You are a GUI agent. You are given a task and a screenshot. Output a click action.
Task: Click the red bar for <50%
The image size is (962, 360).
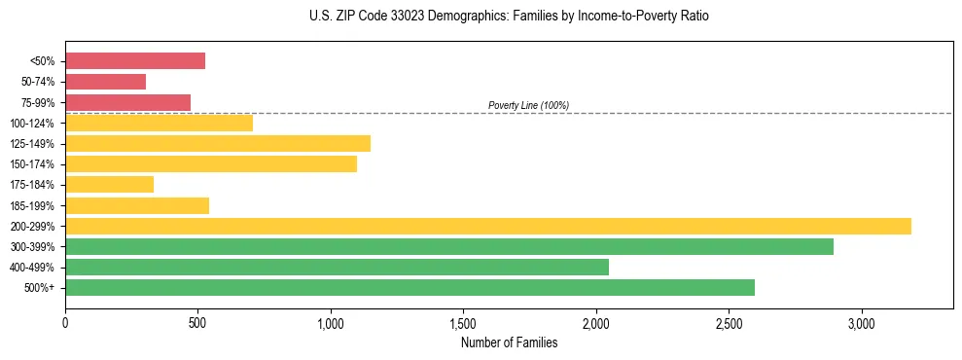135,61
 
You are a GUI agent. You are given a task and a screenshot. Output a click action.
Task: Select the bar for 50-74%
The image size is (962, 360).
105,82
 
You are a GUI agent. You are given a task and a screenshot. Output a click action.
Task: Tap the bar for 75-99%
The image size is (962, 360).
127,102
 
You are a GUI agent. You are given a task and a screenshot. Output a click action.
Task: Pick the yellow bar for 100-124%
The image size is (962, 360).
159,123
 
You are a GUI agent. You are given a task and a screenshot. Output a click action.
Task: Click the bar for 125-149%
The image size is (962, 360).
218,144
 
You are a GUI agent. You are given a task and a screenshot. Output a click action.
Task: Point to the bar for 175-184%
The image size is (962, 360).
109,185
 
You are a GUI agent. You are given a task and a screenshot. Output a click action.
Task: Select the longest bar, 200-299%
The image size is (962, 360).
488,226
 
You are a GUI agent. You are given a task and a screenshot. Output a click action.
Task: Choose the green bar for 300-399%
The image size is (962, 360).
449,246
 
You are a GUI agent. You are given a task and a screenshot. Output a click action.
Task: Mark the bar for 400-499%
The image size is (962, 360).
337,267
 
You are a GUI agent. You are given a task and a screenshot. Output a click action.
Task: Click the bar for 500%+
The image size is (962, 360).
410,287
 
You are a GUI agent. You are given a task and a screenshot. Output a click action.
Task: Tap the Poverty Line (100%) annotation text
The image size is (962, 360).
528,105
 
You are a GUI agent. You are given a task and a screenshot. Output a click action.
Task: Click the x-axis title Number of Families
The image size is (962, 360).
509,342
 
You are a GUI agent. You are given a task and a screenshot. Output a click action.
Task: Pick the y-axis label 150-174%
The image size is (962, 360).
33,164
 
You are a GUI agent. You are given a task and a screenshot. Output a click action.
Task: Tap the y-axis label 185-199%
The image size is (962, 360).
33,205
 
